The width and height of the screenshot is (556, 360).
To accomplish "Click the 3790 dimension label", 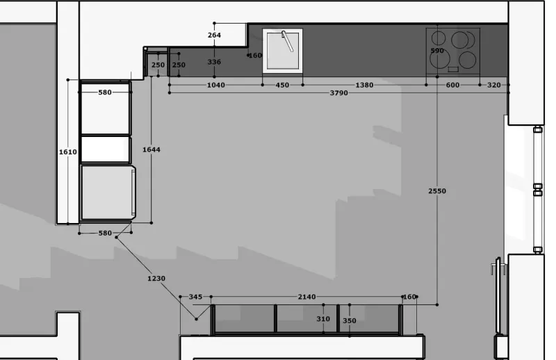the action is [x=338, y=93].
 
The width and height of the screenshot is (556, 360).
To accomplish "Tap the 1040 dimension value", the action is [x=215, y=85].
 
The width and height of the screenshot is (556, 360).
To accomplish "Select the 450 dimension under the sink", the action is [x=282, y=85].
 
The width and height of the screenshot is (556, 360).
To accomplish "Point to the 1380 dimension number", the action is [x=364, y=85].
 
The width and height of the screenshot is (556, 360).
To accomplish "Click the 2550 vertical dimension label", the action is [x=437, y=191].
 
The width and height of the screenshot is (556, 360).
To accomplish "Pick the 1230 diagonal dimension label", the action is [x=156, y=279].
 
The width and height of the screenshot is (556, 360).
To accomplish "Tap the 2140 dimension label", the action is [x=306, y=297].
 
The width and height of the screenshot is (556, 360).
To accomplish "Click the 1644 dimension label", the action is [x=151, y=149].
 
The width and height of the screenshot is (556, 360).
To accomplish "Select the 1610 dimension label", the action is [x=67, y=152].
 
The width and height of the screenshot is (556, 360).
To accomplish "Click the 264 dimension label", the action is [x=214, y=35].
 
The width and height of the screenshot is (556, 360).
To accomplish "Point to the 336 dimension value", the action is [x=214, y=62].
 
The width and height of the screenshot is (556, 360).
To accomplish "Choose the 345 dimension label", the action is [x=195, y=297].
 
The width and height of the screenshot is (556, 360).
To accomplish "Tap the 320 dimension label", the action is [x=494, y=85].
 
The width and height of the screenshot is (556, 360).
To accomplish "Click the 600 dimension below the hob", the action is [x=452, y=85].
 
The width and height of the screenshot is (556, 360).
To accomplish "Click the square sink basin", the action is [x=283, y=51].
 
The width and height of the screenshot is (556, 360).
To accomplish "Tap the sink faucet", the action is [x=288, y=41].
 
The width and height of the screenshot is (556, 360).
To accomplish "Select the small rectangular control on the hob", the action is [x=453, y=69].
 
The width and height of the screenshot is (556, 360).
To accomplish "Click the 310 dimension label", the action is [x=323, y=319].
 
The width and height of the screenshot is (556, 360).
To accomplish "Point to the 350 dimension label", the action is [x=350, y=320].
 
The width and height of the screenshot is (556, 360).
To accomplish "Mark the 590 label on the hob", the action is [x=437, y=51].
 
